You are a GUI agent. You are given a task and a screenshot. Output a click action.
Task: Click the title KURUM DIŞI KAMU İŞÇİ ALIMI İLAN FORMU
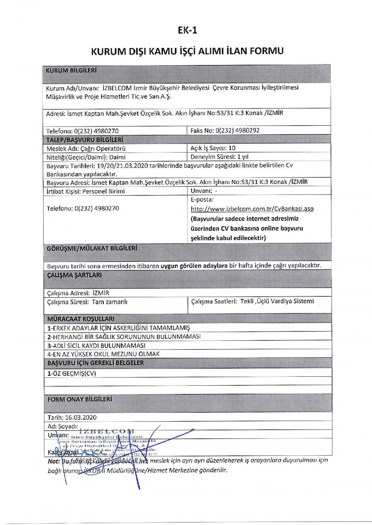pyautogui.click(x=187, y=51)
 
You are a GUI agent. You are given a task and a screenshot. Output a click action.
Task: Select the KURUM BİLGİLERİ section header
pyautogui.click(x=71, y=70)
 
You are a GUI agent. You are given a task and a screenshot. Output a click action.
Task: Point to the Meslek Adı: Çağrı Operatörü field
pyautogui.click(x=86, y=148)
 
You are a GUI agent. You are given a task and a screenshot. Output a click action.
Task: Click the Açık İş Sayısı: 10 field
pyautogui.click(x=213, y=148)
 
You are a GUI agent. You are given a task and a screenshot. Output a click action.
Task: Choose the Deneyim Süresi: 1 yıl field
pyautogui.click(x=219, y=157)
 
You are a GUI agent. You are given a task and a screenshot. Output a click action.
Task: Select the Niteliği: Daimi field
pyautogui.click(x=86, y=157)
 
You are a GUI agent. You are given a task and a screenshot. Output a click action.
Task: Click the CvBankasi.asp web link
pyautogui.click(x=252, y=209)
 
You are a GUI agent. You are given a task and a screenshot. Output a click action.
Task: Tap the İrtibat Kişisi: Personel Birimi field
pyautogui.click(x=86, y=191)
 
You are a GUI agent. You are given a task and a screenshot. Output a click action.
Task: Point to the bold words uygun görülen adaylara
pyautogui.click(x=194, y=266)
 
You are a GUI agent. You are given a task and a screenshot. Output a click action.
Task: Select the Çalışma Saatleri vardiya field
pyautogui.click(x=252, y=301)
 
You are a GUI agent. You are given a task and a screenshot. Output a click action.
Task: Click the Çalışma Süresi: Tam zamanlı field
pyautogui.click(x=87, y=302)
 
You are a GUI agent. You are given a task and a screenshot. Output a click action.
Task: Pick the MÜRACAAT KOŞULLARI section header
pyautogui.click(x=81, y=319)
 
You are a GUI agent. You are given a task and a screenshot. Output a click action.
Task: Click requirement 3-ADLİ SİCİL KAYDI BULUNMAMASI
pyautogui.click(x=96, y=346)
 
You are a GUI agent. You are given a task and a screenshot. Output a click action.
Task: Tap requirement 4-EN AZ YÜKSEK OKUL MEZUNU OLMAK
pyautogui.click(x=103, y=354)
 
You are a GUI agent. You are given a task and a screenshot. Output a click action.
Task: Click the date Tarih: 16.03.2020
pyautogui.click(x=72, y=418)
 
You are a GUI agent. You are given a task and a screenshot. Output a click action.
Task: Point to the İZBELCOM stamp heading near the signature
pyautogui.click(x=107, y=431)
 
